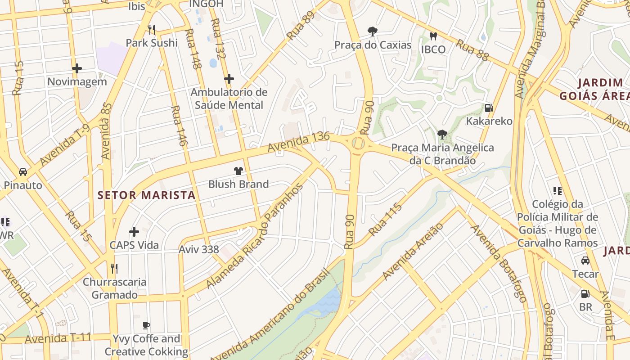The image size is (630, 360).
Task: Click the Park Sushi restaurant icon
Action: pyautogui.click(x=152, y=30)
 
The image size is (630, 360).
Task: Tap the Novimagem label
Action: pyautogui.click(x=77, y=81)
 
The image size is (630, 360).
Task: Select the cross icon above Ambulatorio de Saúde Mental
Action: pyautogui.click(x=229, y=79)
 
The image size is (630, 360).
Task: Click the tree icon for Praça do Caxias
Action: pyautogui.click(x=372, y=31)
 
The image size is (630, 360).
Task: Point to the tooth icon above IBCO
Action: pyautogui.click(x=433, y=36)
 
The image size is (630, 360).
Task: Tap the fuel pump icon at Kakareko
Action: pyautogui.click(x=489, y=108)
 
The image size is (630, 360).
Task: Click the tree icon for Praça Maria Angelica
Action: pyautogui.click(x=442, y=134)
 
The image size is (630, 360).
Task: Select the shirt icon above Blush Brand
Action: pyautogui.click(x=238, y=171)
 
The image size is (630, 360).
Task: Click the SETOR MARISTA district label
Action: pyautogui.click(x=147, y=195)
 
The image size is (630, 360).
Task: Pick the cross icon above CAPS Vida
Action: pyautogui.click(x=134, y=232)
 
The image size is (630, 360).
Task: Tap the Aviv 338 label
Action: pyautogui.click(x=199, y=249)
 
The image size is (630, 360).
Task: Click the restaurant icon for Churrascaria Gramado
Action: pyautogui.click(x=114, y=269)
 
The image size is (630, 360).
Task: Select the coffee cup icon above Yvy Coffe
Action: pyautogui.click(x=146, y=325)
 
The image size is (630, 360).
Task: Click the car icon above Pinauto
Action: pyautogui.click(x=22, y=172)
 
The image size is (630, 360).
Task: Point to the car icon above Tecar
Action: pyautogui.click(x=585, y=261)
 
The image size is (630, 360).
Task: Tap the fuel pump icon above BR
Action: pyautogui.click(x=585, y=294)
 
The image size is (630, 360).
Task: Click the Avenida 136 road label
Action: pyautogui.click(x=298, y=142)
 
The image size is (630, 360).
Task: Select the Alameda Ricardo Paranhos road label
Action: pyautogui.click(x=255, y=236)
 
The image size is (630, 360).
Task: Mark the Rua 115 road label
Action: pyautogui.click(x=385, y=220)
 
